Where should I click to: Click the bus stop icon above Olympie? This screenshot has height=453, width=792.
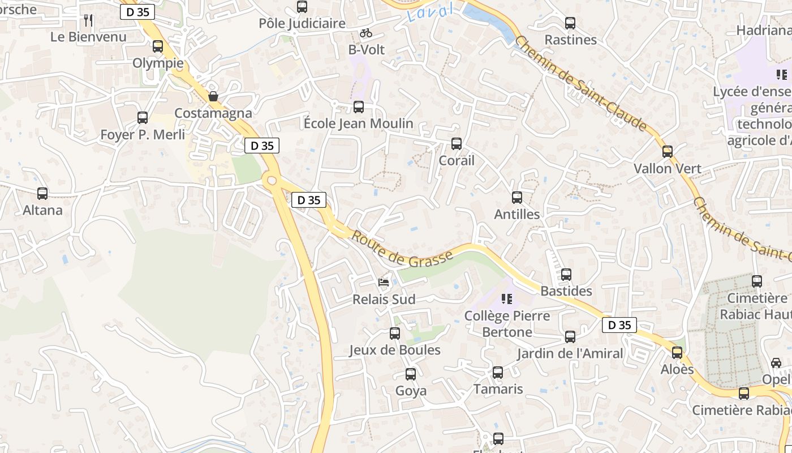pos(158,46)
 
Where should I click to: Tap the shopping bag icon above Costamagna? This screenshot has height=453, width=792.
pos(213,96)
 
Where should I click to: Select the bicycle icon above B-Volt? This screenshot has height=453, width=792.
pos(366,33)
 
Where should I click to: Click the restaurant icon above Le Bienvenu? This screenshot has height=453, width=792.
pos(88,20)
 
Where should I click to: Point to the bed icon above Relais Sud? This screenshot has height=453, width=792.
pos(384,282)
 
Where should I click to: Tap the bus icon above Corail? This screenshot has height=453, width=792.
pos(457,144)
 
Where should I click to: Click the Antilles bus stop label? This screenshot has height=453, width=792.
pos(517,215)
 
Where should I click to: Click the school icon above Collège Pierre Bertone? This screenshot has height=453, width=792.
pos(507,298)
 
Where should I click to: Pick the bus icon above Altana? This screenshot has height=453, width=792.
pos(42,194)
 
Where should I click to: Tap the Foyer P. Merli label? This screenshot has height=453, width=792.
pos(143,135)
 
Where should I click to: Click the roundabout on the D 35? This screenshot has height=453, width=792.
pos(272,181)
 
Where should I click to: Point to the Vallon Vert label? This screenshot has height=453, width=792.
pos(668,169)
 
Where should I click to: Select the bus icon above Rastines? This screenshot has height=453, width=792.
pos(570,23)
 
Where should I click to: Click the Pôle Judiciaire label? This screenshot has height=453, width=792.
pos(302,24)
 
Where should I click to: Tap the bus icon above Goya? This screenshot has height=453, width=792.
pos(411,374)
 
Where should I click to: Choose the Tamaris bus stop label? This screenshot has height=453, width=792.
pos(498,389)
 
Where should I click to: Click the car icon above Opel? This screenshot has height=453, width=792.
pos(776,363)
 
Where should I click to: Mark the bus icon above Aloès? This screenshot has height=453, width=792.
pos(677,353)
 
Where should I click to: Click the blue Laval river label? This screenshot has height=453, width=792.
pos(431,12)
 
